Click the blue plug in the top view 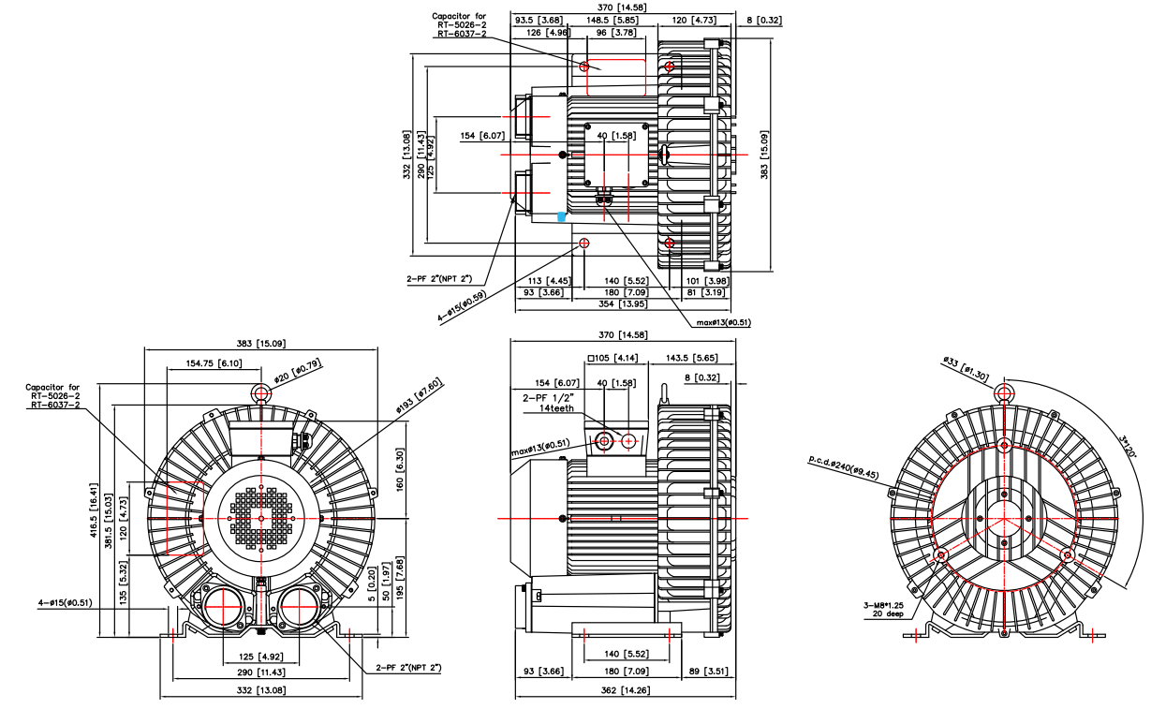(561, 216)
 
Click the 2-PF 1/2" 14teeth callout (549, 403)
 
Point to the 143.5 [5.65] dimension (692, 358)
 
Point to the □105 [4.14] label (613, 358)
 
